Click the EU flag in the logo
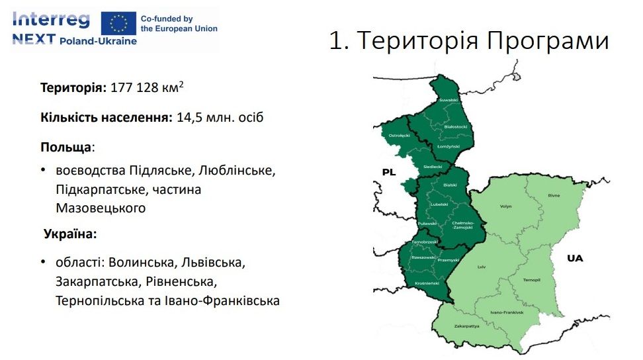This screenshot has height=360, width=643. click(x=119, y=22)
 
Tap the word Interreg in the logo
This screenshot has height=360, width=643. click(x=51, y=20)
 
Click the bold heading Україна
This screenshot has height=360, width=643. click(x=70, y=234)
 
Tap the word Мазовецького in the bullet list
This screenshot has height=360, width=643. click(x=101, y=208)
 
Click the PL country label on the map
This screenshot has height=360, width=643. click(x=389, y=172)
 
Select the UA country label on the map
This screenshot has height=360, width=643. click(x=575, y=258)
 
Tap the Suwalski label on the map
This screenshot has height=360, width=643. click(x=449, y=100)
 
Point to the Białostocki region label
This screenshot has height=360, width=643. click(x=456, y=126)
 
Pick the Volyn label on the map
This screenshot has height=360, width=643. click(x=505, y=206)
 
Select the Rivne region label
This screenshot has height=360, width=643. click(x=554, y=195)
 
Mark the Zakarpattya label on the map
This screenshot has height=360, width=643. click(x=466, y=326)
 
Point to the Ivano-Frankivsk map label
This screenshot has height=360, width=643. click(x=507, y=312)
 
